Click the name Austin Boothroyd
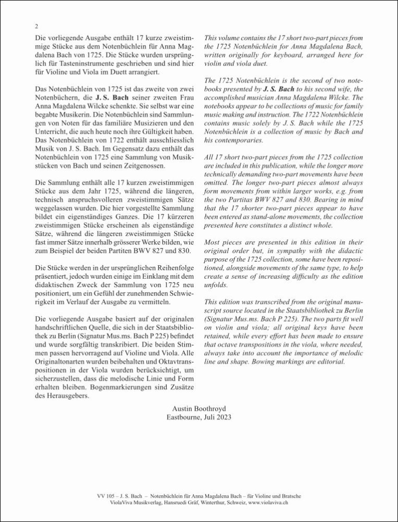[x=198, y=407]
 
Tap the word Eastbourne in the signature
[x=186, y=417]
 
